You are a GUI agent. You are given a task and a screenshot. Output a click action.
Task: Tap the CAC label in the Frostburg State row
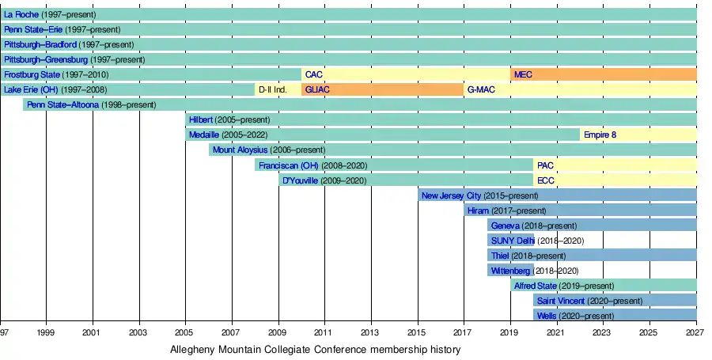313,74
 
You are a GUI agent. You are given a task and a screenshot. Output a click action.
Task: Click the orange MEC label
523,74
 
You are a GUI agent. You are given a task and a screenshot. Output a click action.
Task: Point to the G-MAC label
481,89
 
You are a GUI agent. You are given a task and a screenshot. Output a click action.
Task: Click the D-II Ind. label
272,89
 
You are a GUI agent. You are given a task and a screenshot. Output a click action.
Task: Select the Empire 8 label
600,135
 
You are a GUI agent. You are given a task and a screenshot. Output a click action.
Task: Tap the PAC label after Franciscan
545,165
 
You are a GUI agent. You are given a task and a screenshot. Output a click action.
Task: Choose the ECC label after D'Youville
545,180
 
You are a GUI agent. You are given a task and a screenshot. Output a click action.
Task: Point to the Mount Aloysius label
240,150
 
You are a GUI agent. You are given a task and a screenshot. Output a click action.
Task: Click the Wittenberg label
510,271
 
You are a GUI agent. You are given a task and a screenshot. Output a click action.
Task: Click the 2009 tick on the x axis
278,333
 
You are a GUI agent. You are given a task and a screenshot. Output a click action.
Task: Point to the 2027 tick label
696,333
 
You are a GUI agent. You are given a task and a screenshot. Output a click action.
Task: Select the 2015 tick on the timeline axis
418,333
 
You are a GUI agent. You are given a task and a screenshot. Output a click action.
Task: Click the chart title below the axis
315,349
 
